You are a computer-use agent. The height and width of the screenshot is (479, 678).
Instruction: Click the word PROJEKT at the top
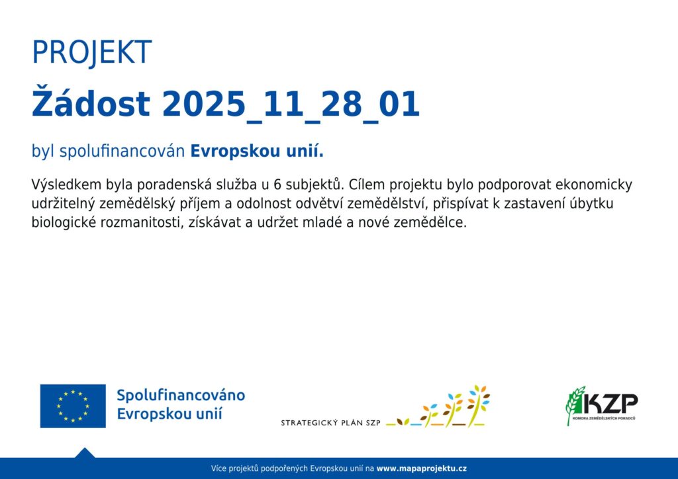pyautogui.click(x=91, y=53)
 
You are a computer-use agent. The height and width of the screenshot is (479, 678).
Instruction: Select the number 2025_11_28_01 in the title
pyautogui.click(x=291, y=105)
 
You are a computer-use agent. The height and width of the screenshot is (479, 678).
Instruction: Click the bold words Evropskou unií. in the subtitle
pyautogui.click(x=257, y=151)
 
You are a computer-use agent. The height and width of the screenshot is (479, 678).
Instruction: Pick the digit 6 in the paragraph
pyautogui.click(x=277, y=185)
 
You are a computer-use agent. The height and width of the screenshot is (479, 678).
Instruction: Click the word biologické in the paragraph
pyautogui.click(x=64, y=223)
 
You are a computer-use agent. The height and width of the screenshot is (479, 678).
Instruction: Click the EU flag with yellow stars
pyautogui.click(x=73, y=406)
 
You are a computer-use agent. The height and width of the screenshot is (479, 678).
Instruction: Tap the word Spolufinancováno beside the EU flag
pyautogui.click(x=181, y=395)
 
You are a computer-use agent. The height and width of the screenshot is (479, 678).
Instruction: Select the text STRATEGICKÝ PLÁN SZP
pyautogui.click(x=331, y=423)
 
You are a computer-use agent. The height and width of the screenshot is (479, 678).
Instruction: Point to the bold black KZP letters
pyautogui.click(x=610, y=404)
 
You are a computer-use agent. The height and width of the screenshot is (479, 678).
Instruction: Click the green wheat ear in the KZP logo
pyautogui.click(x=575, y=405)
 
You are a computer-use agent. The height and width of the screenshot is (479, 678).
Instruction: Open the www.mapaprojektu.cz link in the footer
pyautogui.click(x=422, y=468)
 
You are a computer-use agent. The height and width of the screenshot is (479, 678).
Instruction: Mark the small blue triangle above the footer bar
pyautogui.click(x=85, y=453)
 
